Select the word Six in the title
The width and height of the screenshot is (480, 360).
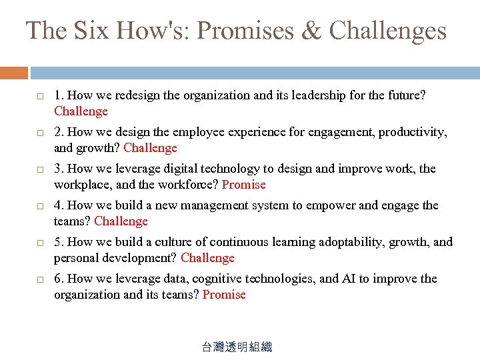tap(91, 31)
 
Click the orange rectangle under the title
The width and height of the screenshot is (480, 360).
tap(14, 73)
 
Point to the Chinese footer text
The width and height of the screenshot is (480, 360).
tap(237, 347)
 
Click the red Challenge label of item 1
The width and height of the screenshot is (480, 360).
tap(81, 111)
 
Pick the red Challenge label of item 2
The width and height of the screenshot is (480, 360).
tap(150, 148)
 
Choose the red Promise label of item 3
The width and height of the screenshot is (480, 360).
tap(243, 185)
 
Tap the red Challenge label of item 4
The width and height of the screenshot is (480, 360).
tap(121, 221)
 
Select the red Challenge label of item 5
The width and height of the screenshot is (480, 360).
tap(207, 258)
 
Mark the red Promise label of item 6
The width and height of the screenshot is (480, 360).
tap(224, 295)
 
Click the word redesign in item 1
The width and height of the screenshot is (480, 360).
tap(137, 95)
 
